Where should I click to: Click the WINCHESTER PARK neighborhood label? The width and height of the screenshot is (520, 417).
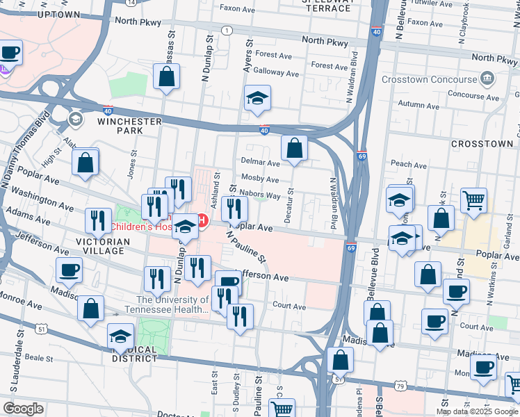click(x=129, y=126)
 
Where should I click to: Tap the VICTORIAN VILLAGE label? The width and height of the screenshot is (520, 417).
click(x=99, y=247)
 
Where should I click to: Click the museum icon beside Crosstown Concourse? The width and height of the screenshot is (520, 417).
click(x=487, y=78)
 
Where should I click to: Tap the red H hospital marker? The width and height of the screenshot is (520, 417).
click(x=203, y=222)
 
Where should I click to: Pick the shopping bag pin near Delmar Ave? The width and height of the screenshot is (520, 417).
click(x=294, y=148)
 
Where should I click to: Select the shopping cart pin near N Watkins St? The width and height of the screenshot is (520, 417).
click(x=473, y=201)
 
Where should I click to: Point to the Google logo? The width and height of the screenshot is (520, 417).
click(x=22, y=409)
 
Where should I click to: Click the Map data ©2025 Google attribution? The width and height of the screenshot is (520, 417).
click(x=476, y=411)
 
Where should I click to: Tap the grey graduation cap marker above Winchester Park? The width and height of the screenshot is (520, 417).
click(x=74, y=120)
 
